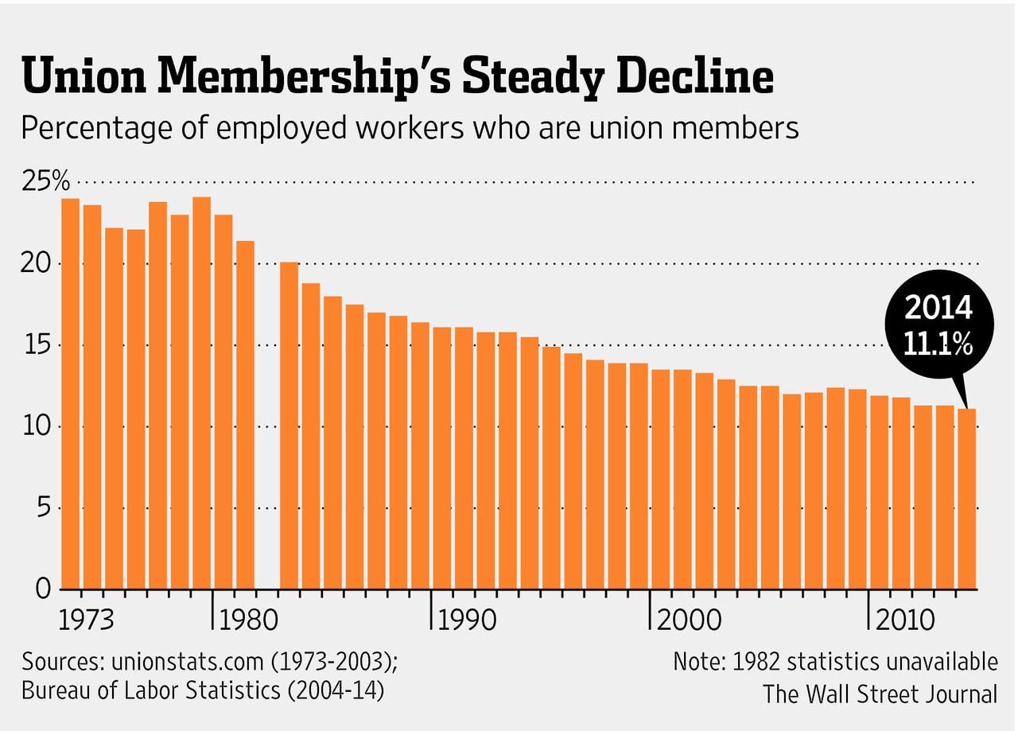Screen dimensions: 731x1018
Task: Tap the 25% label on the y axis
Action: pyautogui.click(x=46, y=182)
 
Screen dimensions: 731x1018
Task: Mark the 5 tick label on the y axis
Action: pyautogui.click(x=45, y=507)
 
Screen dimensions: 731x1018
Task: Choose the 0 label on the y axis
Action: pyautogui.click(x=45, y=589)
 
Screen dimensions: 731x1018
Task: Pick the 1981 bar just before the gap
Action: pyautogui.click(x=245, y=414)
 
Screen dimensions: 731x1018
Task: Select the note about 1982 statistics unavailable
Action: pyautogui.click(x=835, y=662)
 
